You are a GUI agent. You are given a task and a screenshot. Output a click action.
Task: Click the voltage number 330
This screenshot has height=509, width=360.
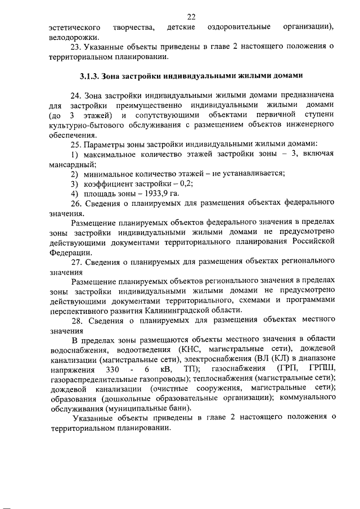114,368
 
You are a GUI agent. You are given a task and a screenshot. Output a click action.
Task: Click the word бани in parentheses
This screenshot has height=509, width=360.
179,407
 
